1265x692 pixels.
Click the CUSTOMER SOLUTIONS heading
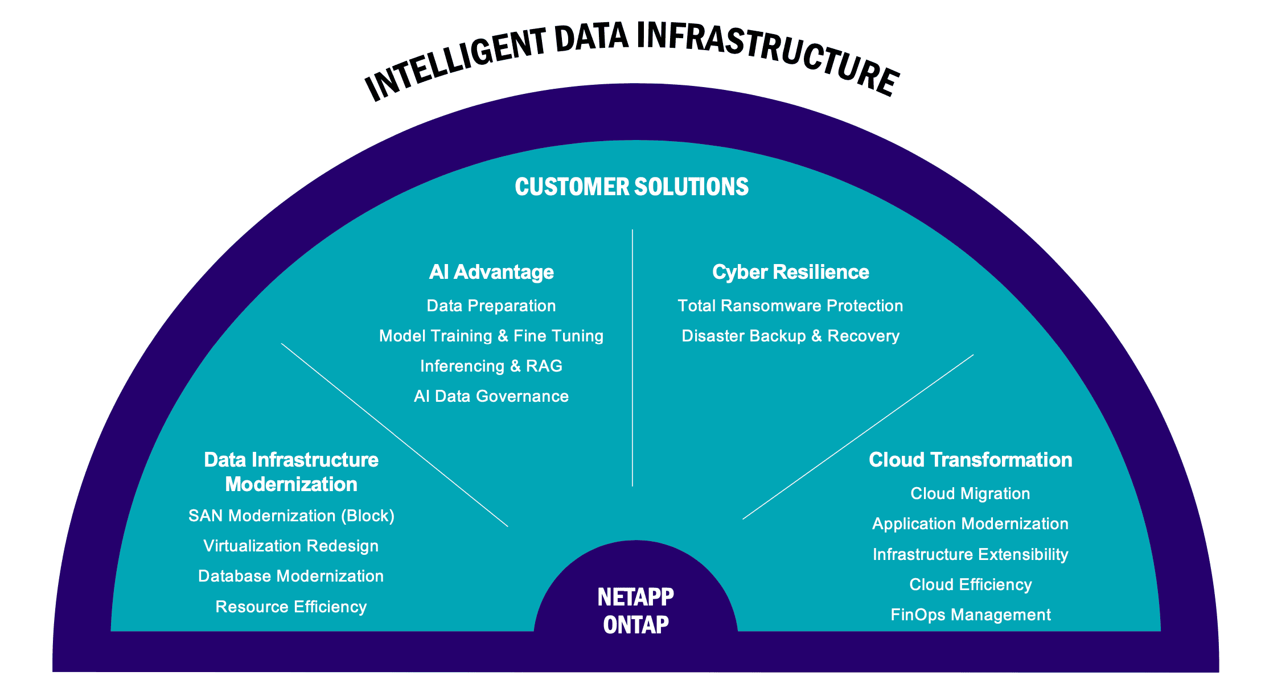point(631,187)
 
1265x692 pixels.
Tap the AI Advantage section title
point(491,272)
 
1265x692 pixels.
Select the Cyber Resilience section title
point(790,272)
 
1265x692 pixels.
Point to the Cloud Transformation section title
point(970,460)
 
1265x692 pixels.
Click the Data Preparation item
point(491,306)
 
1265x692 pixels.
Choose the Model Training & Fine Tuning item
point(491,336)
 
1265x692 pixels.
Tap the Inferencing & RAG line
point(491,366)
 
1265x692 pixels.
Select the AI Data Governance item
point(491,396)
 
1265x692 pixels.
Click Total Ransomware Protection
point(790,306)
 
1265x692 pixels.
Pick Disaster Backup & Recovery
point(790,336)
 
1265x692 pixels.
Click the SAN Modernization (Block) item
point(291,516)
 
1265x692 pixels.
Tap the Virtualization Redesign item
point(291,546)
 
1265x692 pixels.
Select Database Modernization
point(291,576)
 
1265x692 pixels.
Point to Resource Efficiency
point(291,607)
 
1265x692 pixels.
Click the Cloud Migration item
point(970,493)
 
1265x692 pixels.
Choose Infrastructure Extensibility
point(970,554)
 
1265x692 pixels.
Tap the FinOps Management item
point(970,615)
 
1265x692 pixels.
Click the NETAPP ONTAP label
point(635,611)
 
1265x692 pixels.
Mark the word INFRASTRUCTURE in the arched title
point(766,54)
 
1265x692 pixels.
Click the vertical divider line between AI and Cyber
point(632,359)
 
